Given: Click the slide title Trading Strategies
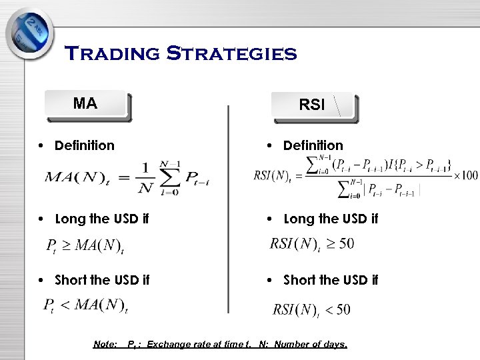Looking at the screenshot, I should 180,53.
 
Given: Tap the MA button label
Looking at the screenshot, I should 85,103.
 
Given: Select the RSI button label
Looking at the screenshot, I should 311,105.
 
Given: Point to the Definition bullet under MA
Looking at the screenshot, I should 84,145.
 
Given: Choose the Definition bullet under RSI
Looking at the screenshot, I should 313,145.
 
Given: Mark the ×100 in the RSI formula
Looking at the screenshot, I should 465,175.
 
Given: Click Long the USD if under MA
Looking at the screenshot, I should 101,219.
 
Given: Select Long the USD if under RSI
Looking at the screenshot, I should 331,219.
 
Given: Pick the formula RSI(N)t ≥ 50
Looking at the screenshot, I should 311,244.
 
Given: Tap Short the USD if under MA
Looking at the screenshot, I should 101,280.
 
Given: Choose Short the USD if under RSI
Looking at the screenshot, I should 331,280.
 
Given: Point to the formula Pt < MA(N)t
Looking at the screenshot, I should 85,306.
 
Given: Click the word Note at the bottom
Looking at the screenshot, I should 105,345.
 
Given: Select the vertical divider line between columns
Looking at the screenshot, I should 228,207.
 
